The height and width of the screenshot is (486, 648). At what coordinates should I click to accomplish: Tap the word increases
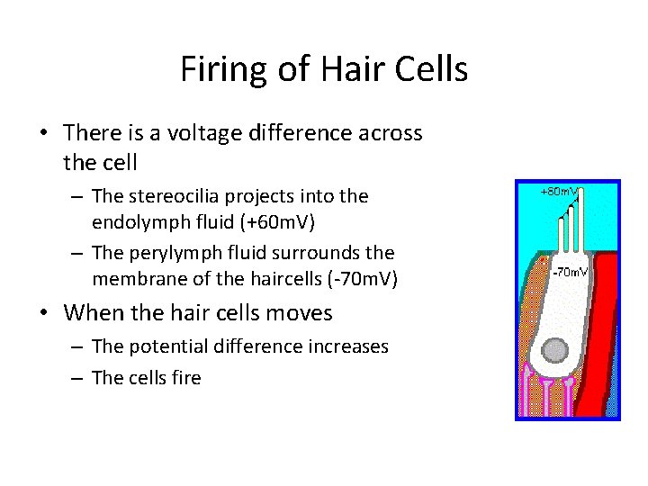tap(347, 346)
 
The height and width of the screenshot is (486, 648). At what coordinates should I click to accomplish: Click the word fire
tap(186, 378)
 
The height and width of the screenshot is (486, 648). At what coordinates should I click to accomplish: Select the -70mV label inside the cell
tap(570, 272)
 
